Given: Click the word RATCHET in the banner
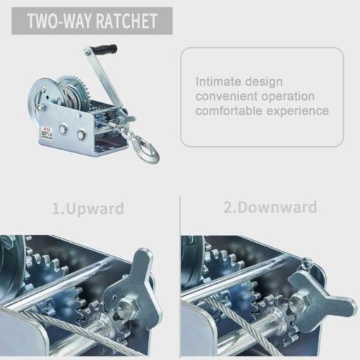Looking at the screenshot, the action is pyautogui.click(x=127, y=21).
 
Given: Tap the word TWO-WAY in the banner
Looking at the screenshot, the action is pyautogui.click(x=61, y=21).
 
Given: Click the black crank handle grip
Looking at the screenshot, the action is pyautogui.click(x=104, y=50).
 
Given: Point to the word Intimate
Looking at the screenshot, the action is pyautogui.click(x=218, y=82).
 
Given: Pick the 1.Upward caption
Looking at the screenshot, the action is pyautogui.click(x=88, y=208).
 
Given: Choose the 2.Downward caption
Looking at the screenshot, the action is pyautogui.click(x=270, y=208).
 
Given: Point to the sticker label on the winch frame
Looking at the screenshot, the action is pyautogui.click(x=47, y=133).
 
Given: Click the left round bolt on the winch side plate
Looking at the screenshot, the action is pyautogui.click(x=63, y=129).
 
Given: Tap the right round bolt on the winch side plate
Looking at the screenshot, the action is pyautogui.click(x=81, y=135).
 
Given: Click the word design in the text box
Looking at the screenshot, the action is pyautogui.click(x=264, y=83).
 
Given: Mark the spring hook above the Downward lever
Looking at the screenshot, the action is pyautogui.click(x=307, y=263).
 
